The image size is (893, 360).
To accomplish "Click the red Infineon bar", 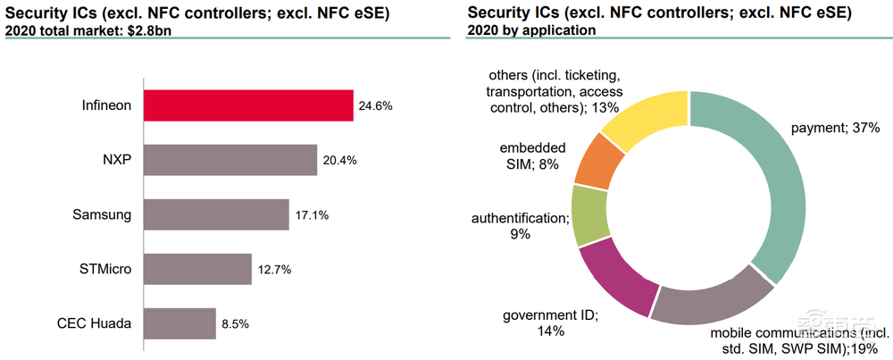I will [x=248, y=105].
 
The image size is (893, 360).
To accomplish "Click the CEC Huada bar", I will [x=179, y=323].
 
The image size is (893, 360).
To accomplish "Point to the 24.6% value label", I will [x=376, y=105].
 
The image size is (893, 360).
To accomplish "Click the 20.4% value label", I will [x=339, y=161].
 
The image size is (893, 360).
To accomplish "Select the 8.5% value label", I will [x=235, y=323].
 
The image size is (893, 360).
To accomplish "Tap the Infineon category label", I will [x=106, y=105].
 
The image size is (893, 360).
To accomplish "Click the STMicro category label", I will [x=105, y=269].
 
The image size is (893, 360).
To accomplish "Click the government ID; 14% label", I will [x=550, y=322].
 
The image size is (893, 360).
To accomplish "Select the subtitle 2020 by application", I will [x=531, y=29].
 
